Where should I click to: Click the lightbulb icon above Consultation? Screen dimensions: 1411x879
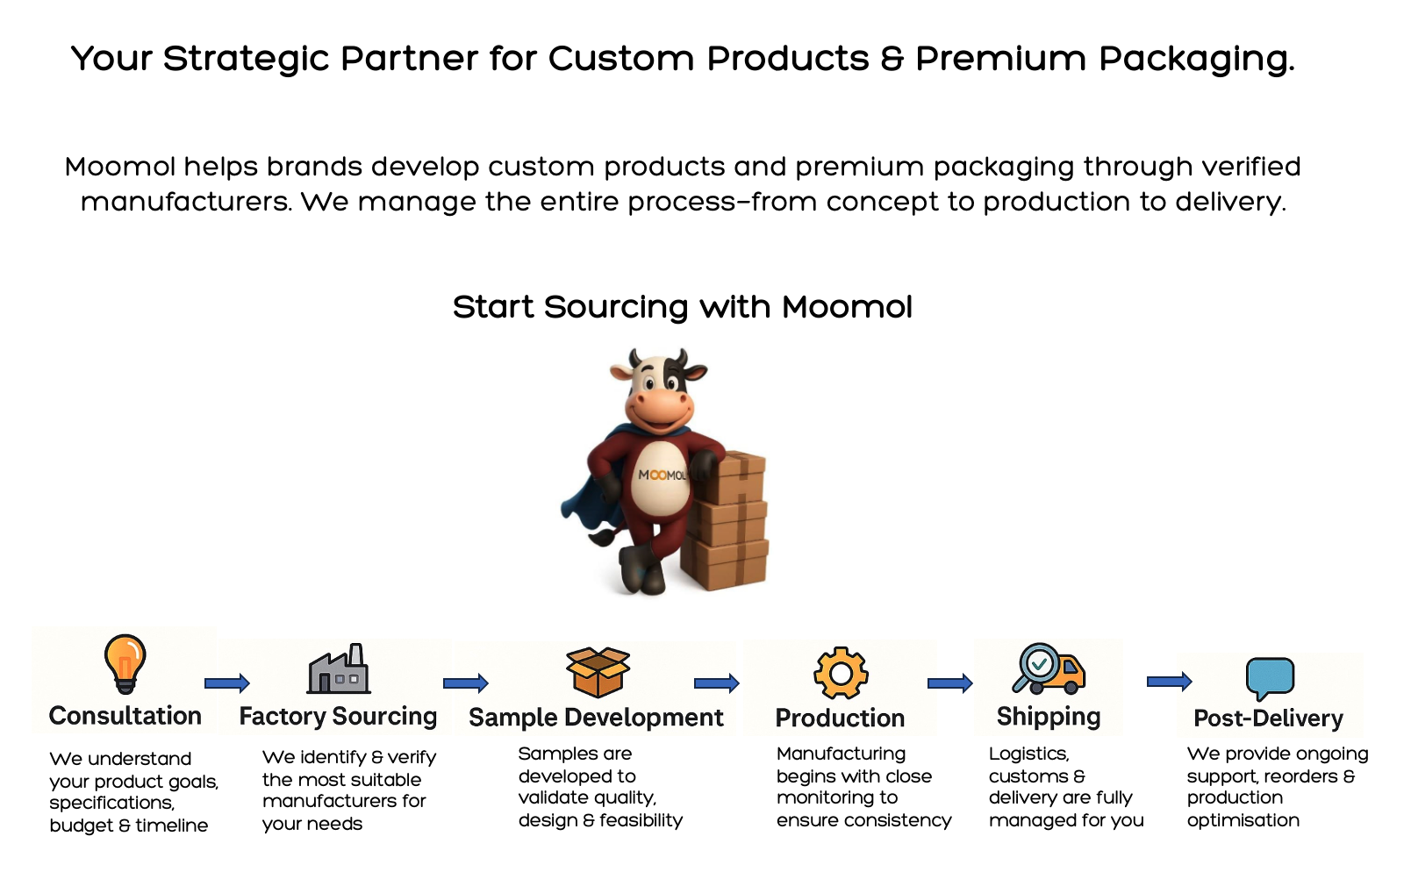[x=125, y=664]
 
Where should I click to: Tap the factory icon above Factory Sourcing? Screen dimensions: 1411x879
[x=338, y=668]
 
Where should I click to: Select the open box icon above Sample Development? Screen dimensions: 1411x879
[x=598, y=672]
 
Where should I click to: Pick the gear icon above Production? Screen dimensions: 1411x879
[x=841, y=673]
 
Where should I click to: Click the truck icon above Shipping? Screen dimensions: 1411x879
[x=1049, y=668]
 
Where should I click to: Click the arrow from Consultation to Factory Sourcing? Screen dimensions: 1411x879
[x=226, y=682]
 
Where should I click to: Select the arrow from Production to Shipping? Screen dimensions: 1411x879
[x=950, y=682]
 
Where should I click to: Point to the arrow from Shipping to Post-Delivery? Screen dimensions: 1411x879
[x=1169, y=682]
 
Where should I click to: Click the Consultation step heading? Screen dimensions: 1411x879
[x=125, y=716]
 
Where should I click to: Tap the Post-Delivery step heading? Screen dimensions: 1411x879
[x=1268, y=718]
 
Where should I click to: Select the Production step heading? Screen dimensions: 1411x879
[x=840, y=718]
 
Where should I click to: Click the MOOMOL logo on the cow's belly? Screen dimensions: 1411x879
[x=662, y=475]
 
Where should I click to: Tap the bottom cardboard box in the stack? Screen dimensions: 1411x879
[x=726, y=563]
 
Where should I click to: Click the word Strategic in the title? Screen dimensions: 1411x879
[x=247, y=59]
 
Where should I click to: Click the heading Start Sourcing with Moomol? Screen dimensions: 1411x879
[x=682, y=307]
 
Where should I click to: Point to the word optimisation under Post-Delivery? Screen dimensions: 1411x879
[x=1243, y=820]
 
